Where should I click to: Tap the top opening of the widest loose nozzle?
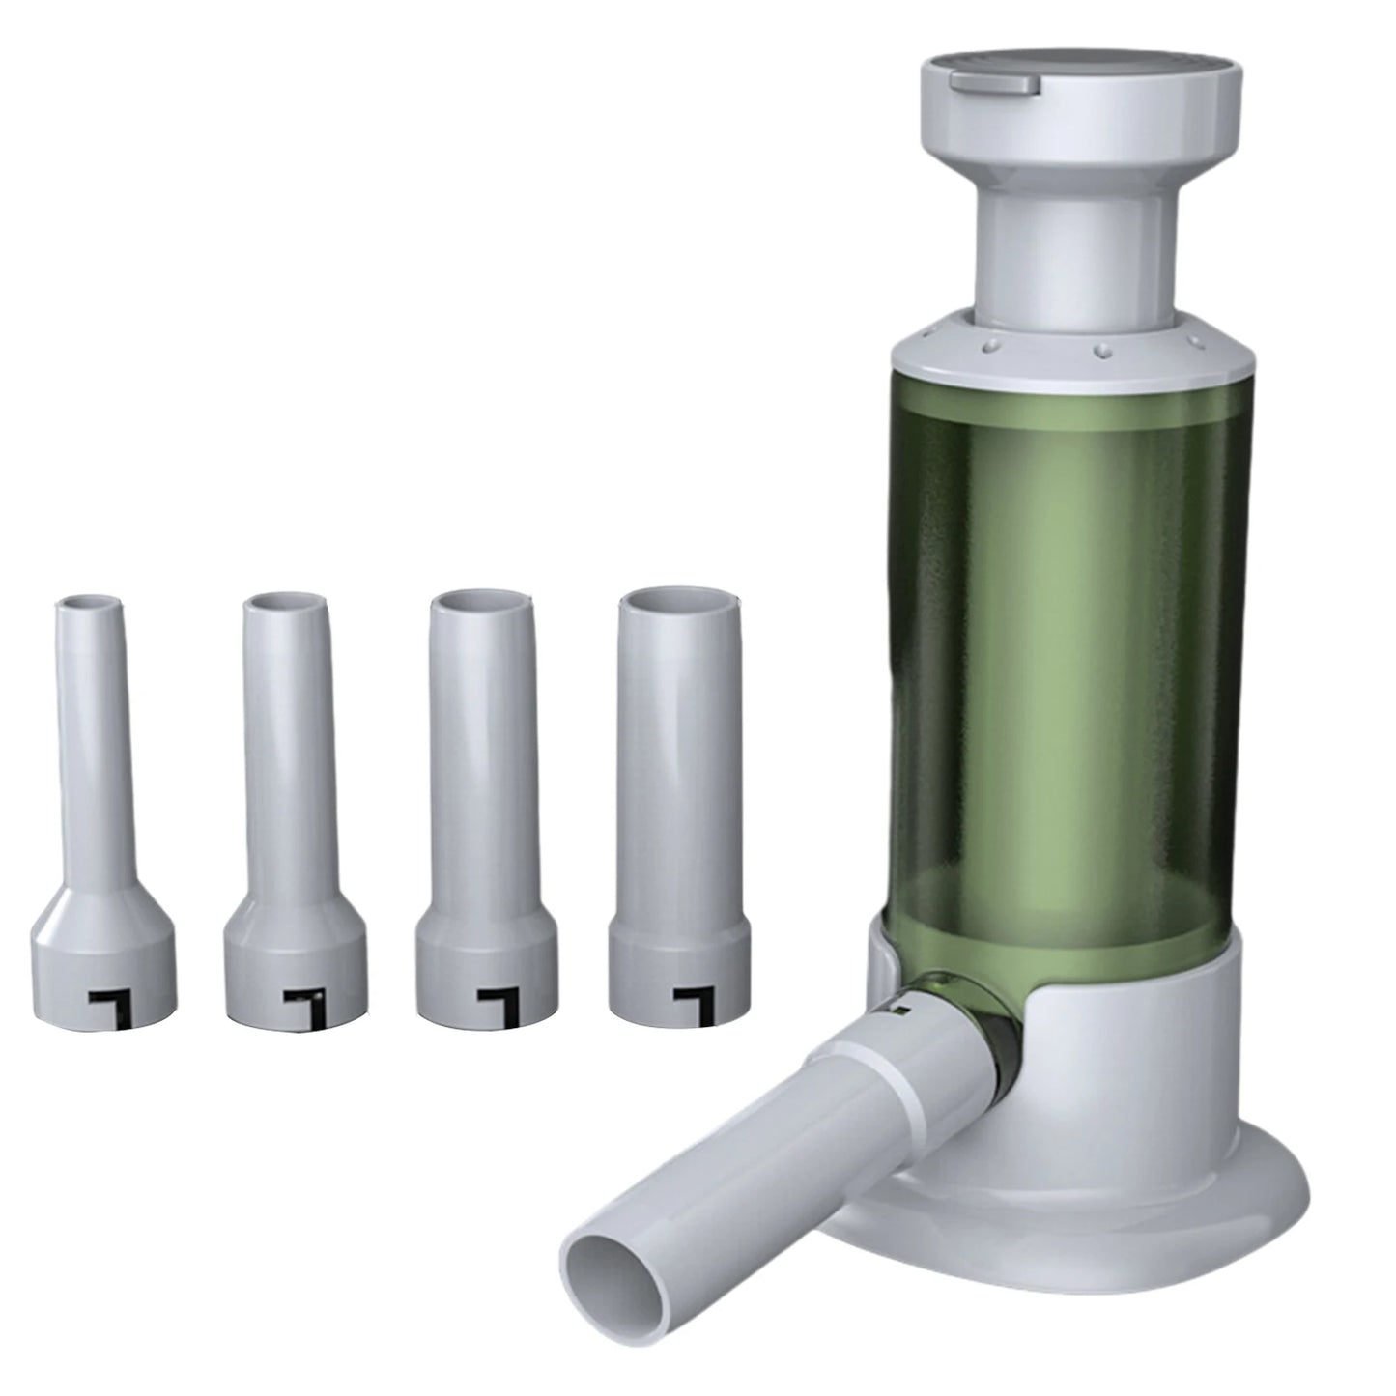tap(667, 604)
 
